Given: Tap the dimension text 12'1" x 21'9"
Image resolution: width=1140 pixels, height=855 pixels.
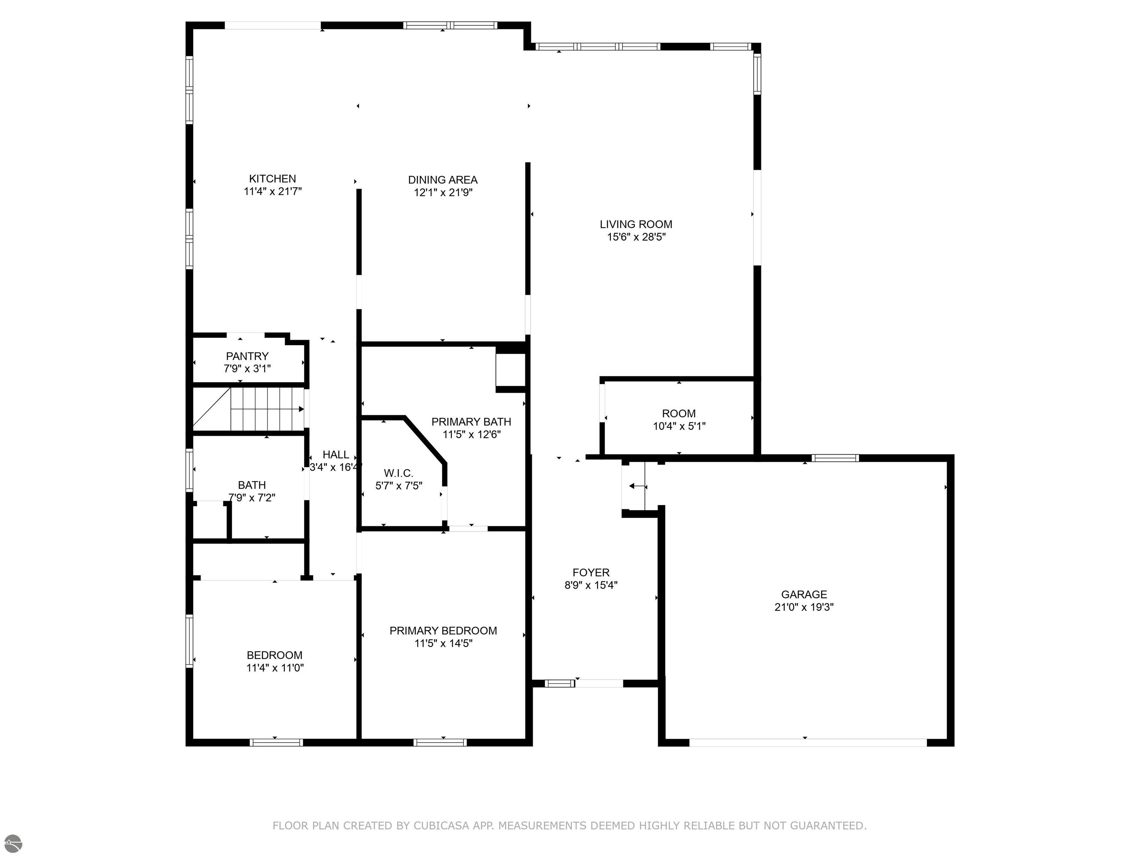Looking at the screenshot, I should point(443,193).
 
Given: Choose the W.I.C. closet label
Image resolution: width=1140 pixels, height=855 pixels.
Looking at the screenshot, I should point(399,473).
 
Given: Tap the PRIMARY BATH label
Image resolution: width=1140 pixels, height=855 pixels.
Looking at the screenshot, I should point(471,422).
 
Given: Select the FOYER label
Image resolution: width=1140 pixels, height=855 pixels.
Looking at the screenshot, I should point(591,573).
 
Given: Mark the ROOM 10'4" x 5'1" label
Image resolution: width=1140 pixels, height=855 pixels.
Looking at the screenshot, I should point(679,419).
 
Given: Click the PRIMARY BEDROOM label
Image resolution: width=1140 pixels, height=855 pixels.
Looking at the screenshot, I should point(443,631).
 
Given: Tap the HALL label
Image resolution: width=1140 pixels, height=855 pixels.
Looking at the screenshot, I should point(335,455).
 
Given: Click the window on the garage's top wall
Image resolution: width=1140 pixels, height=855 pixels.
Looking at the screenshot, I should point(835,458).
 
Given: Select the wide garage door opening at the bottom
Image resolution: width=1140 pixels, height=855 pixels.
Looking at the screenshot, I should point(807,743).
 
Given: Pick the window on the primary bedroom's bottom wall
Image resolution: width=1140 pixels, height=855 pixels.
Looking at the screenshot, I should point(440,743).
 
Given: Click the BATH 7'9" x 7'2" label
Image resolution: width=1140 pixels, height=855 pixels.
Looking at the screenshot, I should point(252,491).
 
